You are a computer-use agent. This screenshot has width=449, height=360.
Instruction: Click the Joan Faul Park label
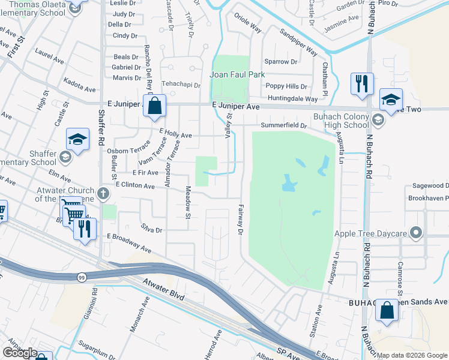click(x=237, y=75)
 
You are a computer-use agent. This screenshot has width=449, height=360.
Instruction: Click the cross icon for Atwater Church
click(x=103, y=194)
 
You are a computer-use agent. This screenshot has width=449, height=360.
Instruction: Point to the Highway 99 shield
click(x=80, y=277)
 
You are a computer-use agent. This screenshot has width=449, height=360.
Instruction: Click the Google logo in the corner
click(x=20, y=352)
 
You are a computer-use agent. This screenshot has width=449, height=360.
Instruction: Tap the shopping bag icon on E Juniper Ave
click(x=154, y=106)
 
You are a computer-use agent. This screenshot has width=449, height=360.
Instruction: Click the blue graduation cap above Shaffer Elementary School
click(x=77, y=140)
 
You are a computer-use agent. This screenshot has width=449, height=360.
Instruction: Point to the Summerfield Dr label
click(x=283, y=125)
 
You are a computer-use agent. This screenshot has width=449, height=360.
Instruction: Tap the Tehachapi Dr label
click(x=179, y=85)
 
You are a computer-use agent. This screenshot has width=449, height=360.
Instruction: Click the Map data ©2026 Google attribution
click(x=412, y=355)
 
